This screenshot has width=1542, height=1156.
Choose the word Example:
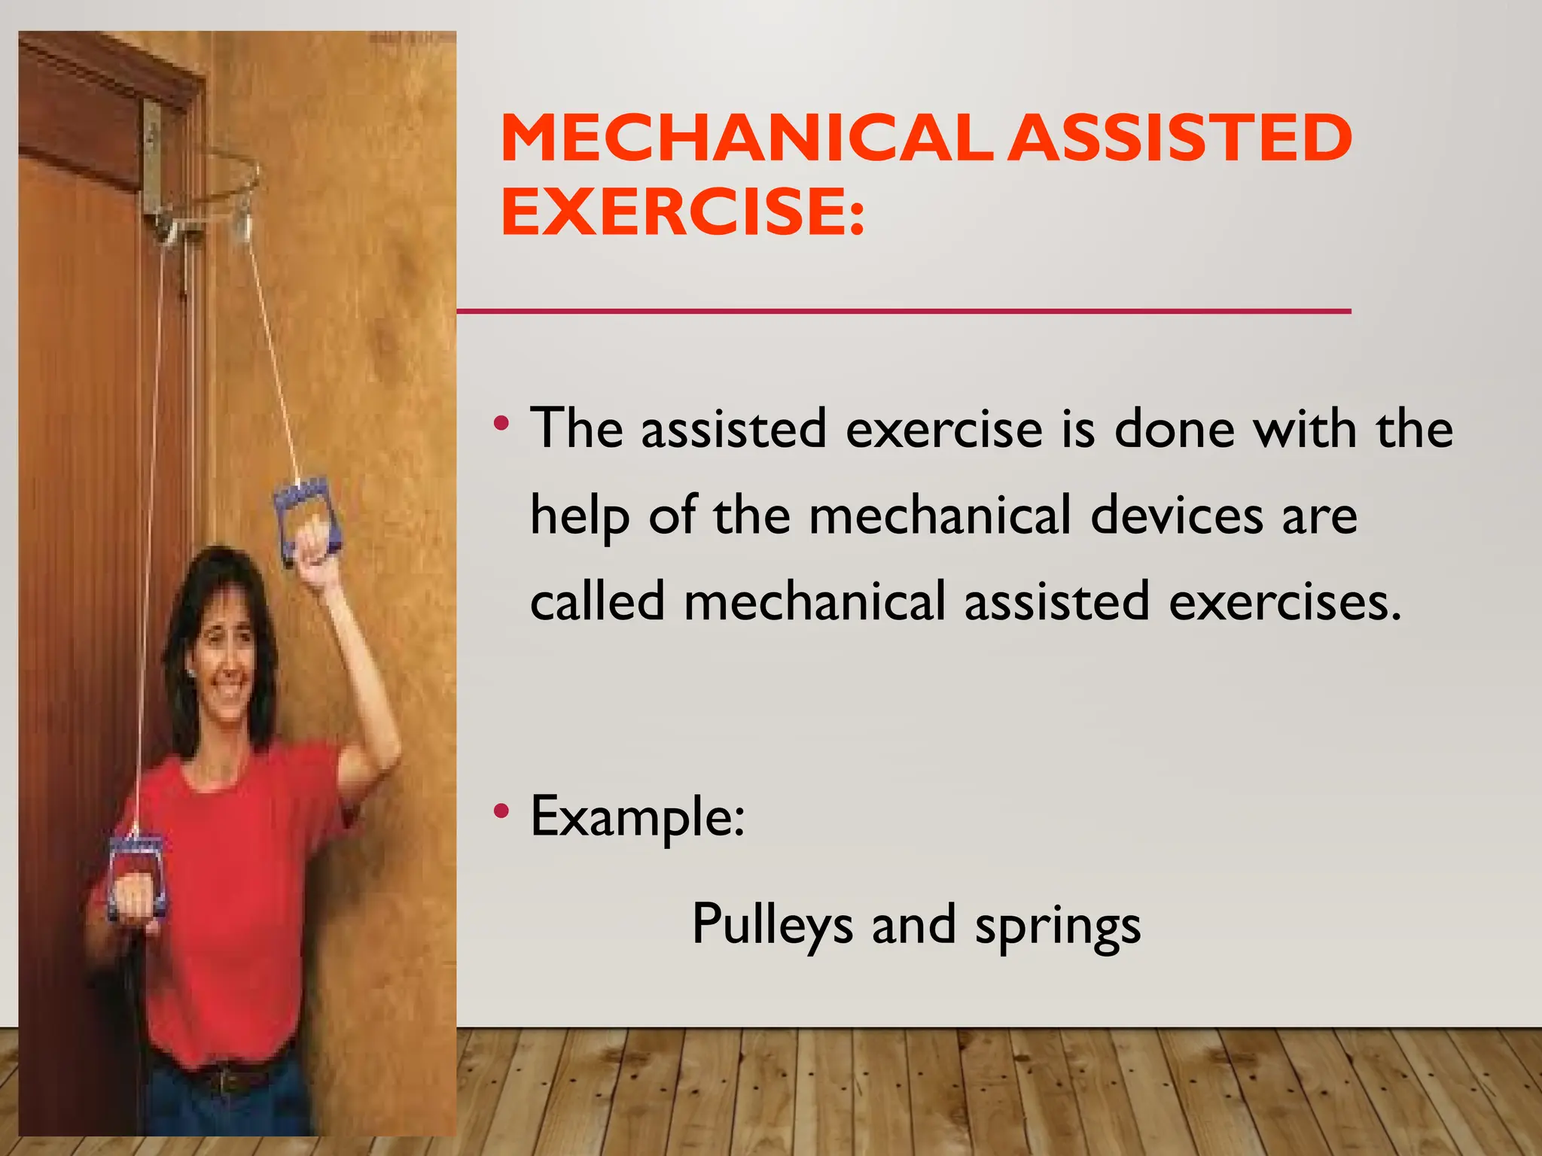pos(637,817)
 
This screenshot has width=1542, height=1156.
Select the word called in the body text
pos(597,602)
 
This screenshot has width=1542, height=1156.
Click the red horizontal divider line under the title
pos(904,311)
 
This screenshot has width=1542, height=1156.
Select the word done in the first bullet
pos(1174,430)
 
